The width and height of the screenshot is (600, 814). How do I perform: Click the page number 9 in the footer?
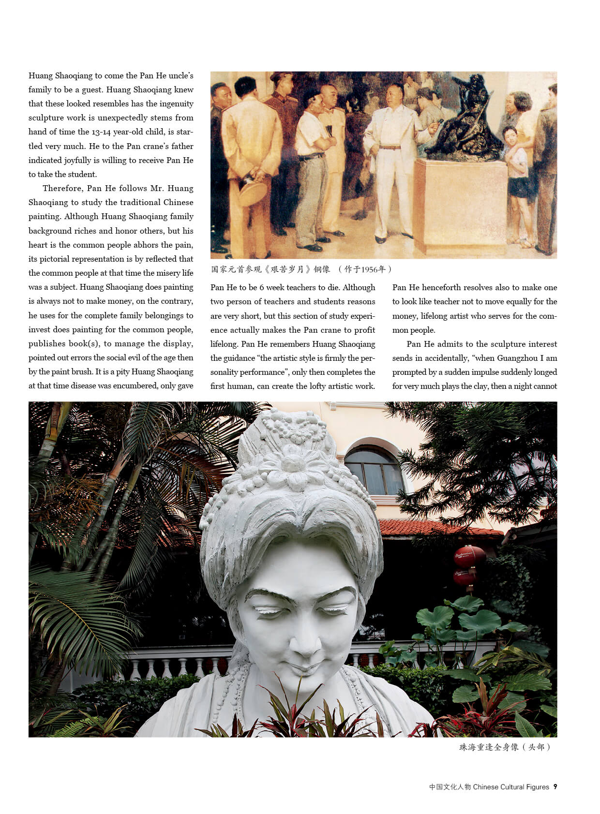(x=555, y=787)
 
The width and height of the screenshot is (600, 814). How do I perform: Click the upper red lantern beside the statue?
(x=469, y=556)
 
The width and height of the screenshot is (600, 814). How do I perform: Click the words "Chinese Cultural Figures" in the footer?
(x=511, y=787)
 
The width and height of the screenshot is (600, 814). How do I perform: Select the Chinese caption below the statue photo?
(x=505, y=747)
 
